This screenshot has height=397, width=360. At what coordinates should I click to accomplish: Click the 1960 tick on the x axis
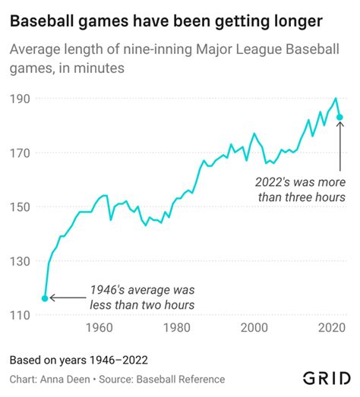pyautogui.click(x=99, y=328)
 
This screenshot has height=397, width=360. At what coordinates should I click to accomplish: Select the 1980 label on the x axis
pyautogui.click(x=177, y=328)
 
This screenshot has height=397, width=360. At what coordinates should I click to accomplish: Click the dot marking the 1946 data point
pyautogui.click(x=45, y=298)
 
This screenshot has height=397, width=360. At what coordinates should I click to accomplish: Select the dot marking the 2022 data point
pyautogui.click(x=341, y=117)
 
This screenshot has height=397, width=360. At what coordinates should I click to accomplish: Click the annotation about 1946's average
pyautogui.click(x=142, y=297)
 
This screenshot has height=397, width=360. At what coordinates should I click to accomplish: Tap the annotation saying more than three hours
pyautogui.click(x=300, y=191)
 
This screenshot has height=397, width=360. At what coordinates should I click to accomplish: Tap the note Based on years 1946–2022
pyautogui.click(x=78, y=359)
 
